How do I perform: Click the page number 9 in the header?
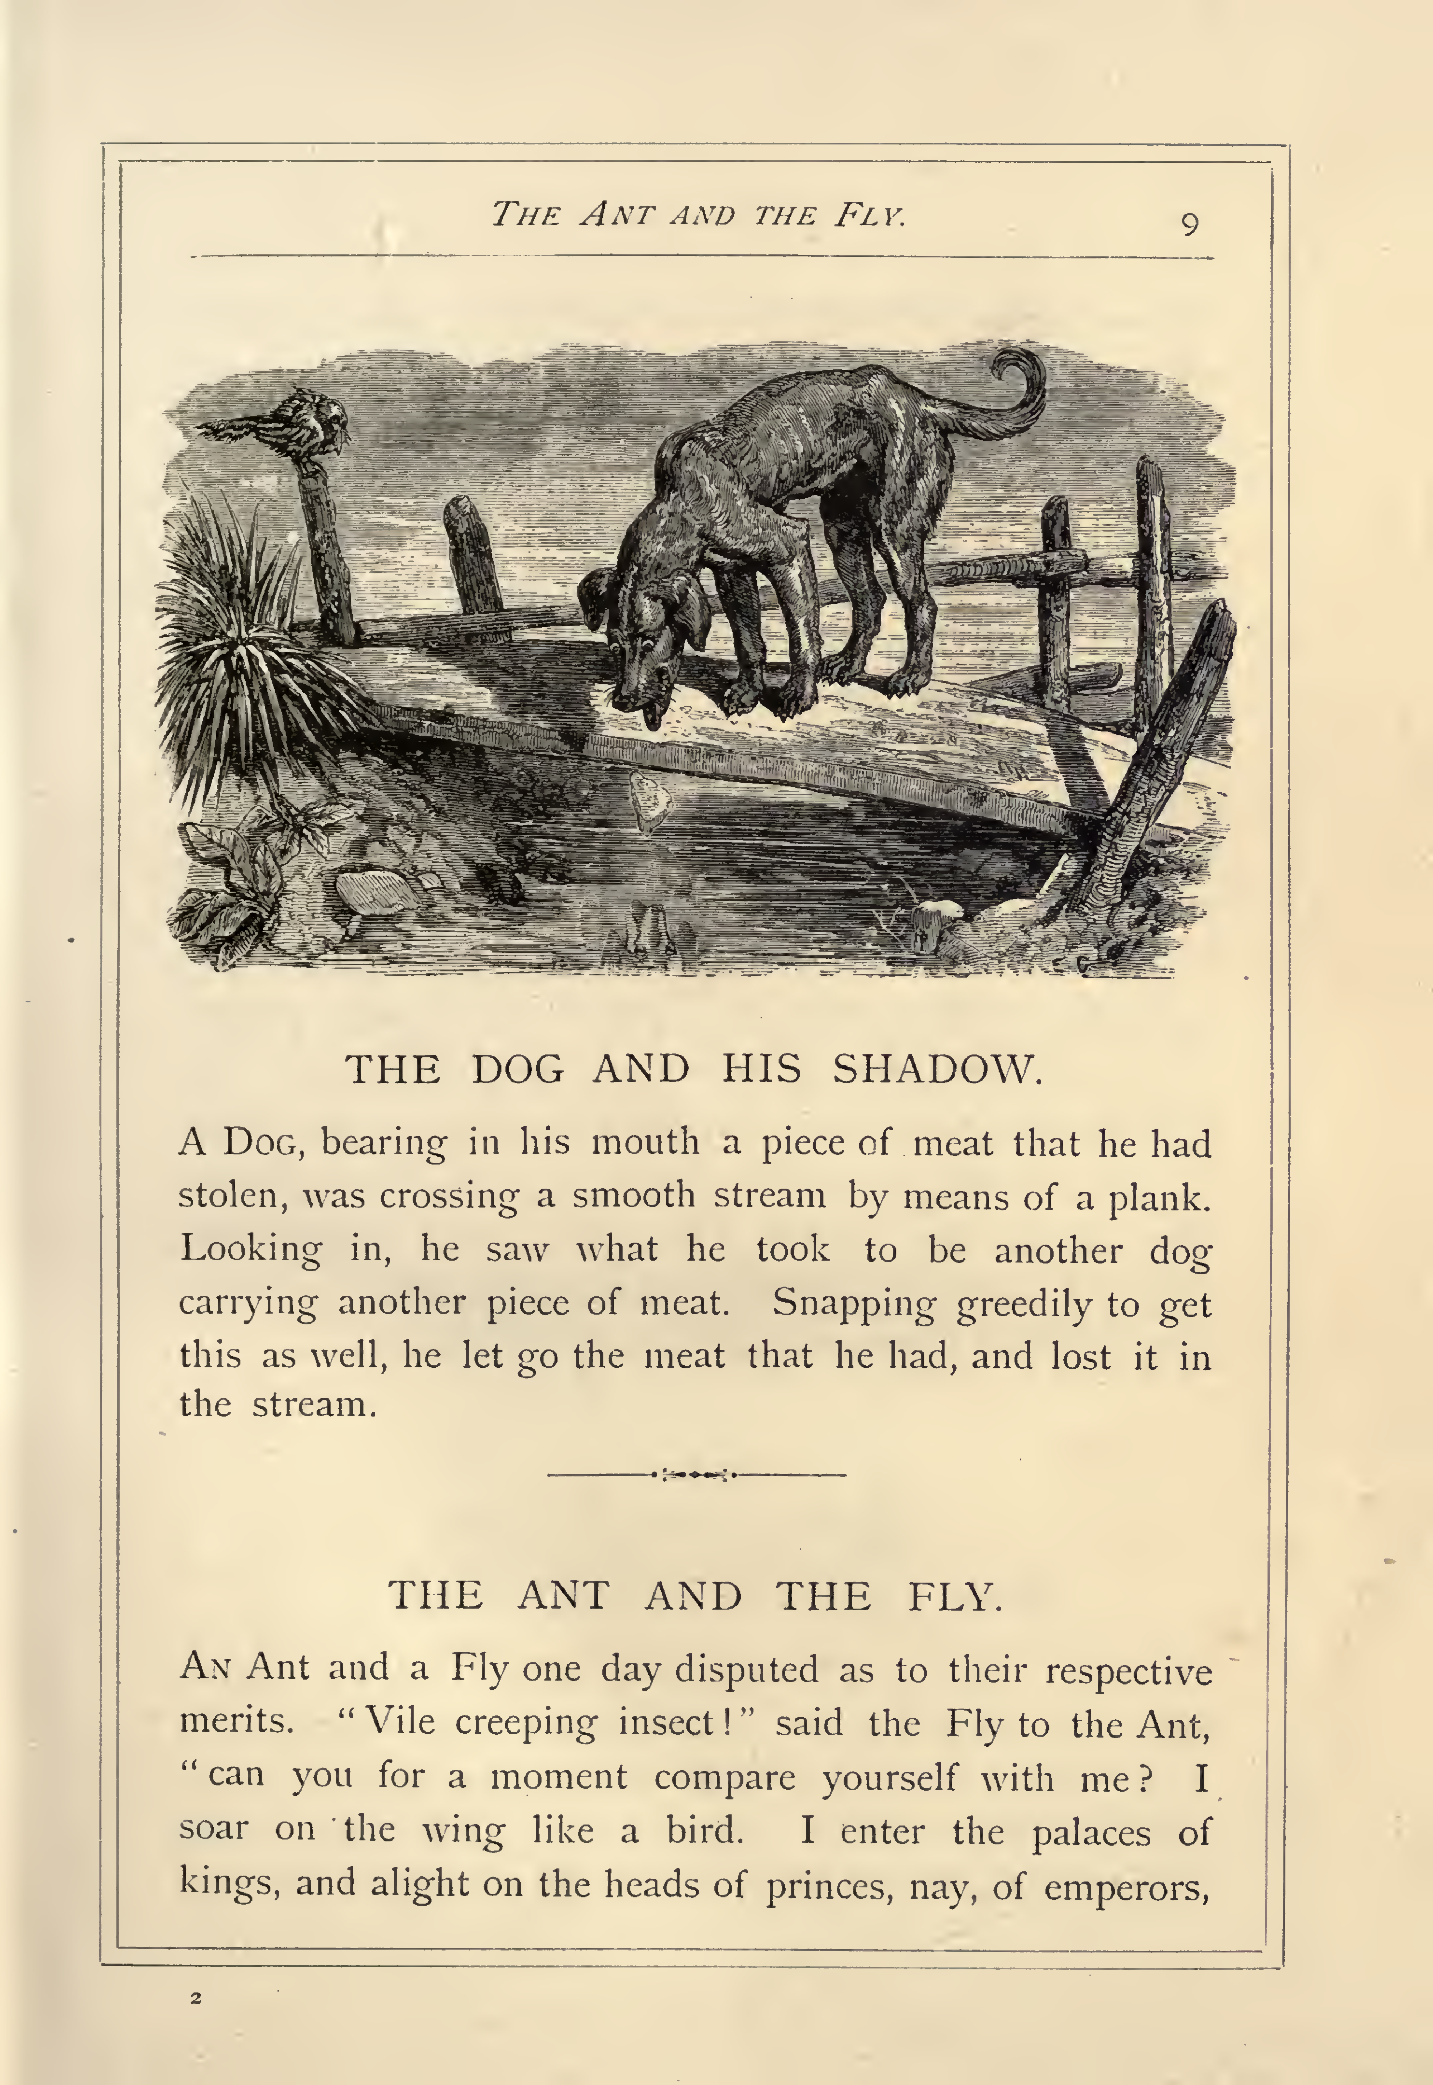pyautogui.click(x=1189, y=224)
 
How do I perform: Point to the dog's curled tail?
pyautogui.click(x=1015, y=395)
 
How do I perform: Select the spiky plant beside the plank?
pyautogui.click(x=234, y=638)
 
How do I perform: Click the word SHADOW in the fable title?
pyautogui.click(x=936, y=1069)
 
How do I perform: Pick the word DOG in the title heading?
pyautogui.click(x=518, y=1069)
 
